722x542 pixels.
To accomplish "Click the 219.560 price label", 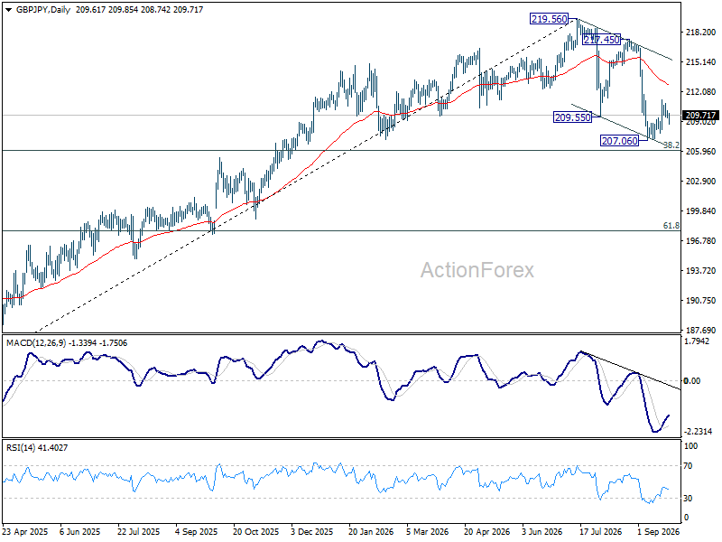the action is click(549, 19).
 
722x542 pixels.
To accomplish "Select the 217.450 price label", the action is click(601, 40).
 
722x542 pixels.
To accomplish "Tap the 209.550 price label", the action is click(573, 117).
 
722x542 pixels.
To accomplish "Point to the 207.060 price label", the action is click(620, 141).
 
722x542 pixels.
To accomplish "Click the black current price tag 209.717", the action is click(701, 116).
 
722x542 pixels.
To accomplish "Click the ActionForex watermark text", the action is click(477, 270).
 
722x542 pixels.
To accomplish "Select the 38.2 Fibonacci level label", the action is click(671, 145).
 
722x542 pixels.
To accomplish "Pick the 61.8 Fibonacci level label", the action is click(671, 225).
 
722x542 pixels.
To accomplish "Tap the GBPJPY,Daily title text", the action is click(43, 9).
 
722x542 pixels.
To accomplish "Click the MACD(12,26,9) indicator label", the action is click(36, 343).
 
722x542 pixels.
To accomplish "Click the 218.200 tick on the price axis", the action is click(701, 33).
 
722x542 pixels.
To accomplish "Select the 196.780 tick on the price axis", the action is click(701, 240).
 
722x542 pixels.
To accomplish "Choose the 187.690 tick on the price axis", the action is click(701, 330).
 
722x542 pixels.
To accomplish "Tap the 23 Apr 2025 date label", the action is click(25, 531).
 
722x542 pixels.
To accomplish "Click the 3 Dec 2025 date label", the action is click(311, 531).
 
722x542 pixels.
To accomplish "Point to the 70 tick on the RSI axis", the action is click(688, 466).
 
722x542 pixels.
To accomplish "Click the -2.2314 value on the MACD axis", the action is click(698, 432).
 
